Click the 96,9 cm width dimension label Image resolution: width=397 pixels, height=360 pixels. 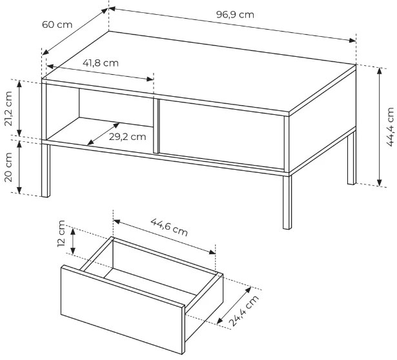[x=235, y=15]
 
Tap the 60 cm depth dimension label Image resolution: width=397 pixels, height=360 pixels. [x=57, y=25]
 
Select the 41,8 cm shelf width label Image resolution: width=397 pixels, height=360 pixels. [x=101, y=63]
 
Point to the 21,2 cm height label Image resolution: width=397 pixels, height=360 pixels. [x=8, y=108]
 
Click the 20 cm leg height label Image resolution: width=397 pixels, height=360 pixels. [x=8, y=167]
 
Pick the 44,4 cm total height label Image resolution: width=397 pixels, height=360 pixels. [x=390, y=126]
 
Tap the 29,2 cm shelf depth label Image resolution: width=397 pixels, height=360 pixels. [x=127, y=137]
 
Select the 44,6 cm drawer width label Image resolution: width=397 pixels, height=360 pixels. [x=169, y=227]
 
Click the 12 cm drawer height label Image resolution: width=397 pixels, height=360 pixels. [x=61, y=234]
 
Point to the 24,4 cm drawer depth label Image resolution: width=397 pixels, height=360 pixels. [x=244, y=310]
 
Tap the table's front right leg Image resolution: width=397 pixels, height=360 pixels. [x=287, y=203]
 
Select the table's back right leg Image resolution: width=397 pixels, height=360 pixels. [x=352, y=158]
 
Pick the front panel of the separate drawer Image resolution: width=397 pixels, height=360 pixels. [x=123, y=310]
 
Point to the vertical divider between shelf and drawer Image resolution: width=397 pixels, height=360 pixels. [x=156, y=125]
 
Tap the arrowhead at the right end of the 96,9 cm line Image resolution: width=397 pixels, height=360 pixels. [x=352, y=41]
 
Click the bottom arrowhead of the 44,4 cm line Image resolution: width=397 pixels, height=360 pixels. [x=380, y=183]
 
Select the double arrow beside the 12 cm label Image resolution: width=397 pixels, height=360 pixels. [x=73, y=241]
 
